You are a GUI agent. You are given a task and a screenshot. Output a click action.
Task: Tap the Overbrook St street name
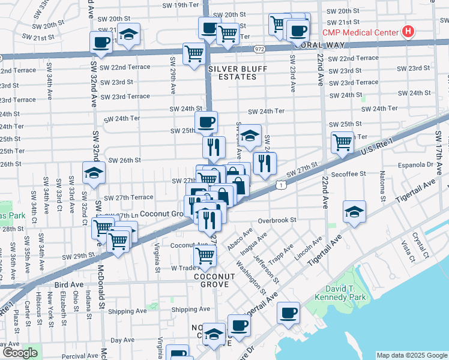277,220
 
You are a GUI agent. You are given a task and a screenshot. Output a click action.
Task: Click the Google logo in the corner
20,352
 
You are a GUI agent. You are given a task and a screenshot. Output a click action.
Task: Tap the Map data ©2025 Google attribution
411,355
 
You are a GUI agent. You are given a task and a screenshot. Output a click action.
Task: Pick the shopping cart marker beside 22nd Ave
342,142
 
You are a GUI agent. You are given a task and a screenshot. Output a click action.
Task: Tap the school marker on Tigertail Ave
354,211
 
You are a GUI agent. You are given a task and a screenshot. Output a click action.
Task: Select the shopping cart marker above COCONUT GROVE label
205,255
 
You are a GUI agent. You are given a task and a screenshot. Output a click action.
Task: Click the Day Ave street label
123,340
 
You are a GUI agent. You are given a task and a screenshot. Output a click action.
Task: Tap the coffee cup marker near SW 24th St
206,122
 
